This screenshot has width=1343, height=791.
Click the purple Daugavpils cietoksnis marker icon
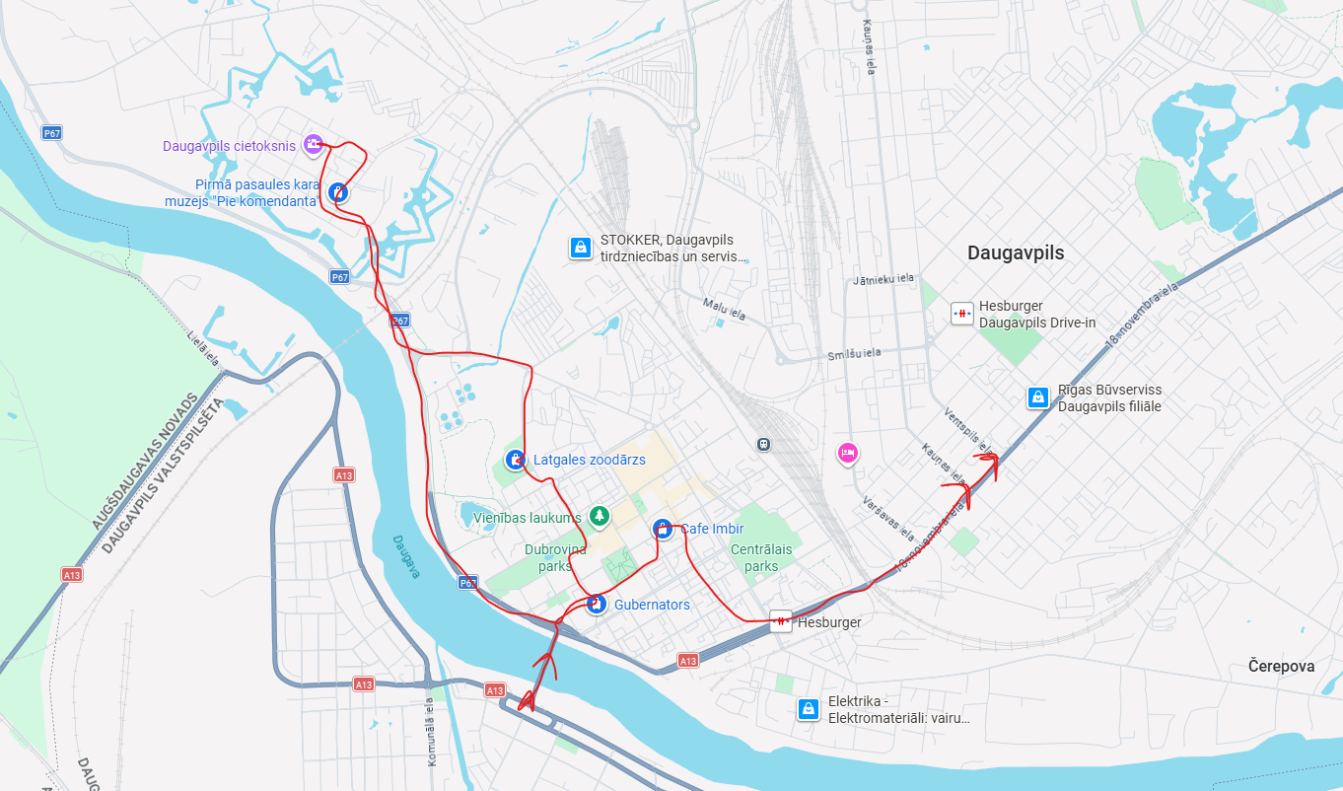pyautogui.click(x=313, y=145)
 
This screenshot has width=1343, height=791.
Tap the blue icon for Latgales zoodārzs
pyautogui.click(x=515, y=460)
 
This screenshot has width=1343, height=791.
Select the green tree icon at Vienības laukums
pyautogui.click(x=598, y=516)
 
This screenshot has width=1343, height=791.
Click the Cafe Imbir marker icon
pyautogui.click(x=663, y=529)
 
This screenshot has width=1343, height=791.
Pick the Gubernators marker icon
pyautogui.click(x=596, y=604)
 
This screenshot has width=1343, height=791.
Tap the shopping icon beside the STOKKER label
pyautogui.click(x=581, y=248)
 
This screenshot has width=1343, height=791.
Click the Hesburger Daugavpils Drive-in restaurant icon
pyautogui.click(x=960, y=314)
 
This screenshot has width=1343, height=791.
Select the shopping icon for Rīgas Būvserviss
pyautogui.click(x=1037, y=397)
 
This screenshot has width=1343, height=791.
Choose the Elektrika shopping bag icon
pyautogui.click(x=809, y=708)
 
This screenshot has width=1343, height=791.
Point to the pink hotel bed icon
pyautogui.click(x=846, y=454)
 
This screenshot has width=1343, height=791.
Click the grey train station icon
pyautogui.click(x=763, y=444)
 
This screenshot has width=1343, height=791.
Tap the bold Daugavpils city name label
pyautogui.click(x=1016, y=252)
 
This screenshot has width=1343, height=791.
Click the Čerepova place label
pyautogui.click(x=1281, y=666)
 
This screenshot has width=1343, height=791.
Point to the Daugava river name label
pyautogui.click(x=405, y=557)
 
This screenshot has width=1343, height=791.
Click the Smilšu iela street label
pyautogui.click(x=854, y=353)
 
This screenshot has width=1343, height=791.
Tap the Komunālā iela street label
pyautogui.click(x=431, y=732)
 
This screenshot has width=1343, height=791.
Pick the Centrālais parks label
pyautogui.click(x=761, y=558)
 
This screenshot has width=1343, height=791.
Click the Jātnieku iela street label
pyautogui.click(x=884, y=280)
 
